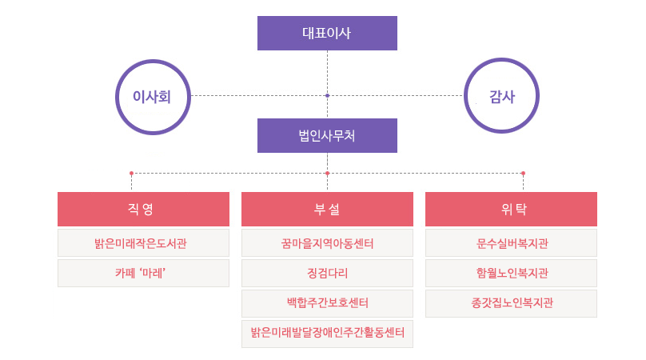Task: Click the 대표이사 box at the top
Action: pos(327,34)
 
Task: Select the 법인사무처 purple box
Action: pos(327,135)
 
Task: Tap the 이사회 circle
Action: pos(154,96)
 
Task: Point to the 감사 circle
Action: pos(501,96)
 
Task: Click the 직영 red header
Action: pos(143,209)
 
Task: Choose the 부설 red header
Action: pos(327,209)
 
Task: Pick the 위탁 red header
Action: pos(511,209)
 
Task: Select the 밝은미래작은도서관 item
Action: pos(143,242)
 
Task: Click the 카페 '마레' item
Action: pos(143,273)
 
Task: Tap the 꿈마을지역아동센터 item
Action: pos(327,242)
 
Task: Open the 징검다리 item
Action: pos(327,273)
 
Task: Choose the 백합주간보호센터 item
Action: pos(327,303)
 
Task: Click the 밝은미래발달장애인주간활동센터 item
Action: pos(327,334)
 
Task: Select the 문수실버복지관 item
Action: pos(511,242)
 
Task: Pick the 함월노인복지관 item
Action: pos(511,273)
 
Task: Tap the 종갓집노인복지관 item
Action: pos(511,303)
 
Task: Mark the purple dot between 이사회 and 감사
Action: pos(327,96)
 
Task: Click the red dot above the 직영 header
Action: pos(131,173)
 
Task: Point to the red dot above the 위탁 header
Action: pos(523,173)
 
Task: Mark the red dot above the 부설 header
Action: pos(327,173)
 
